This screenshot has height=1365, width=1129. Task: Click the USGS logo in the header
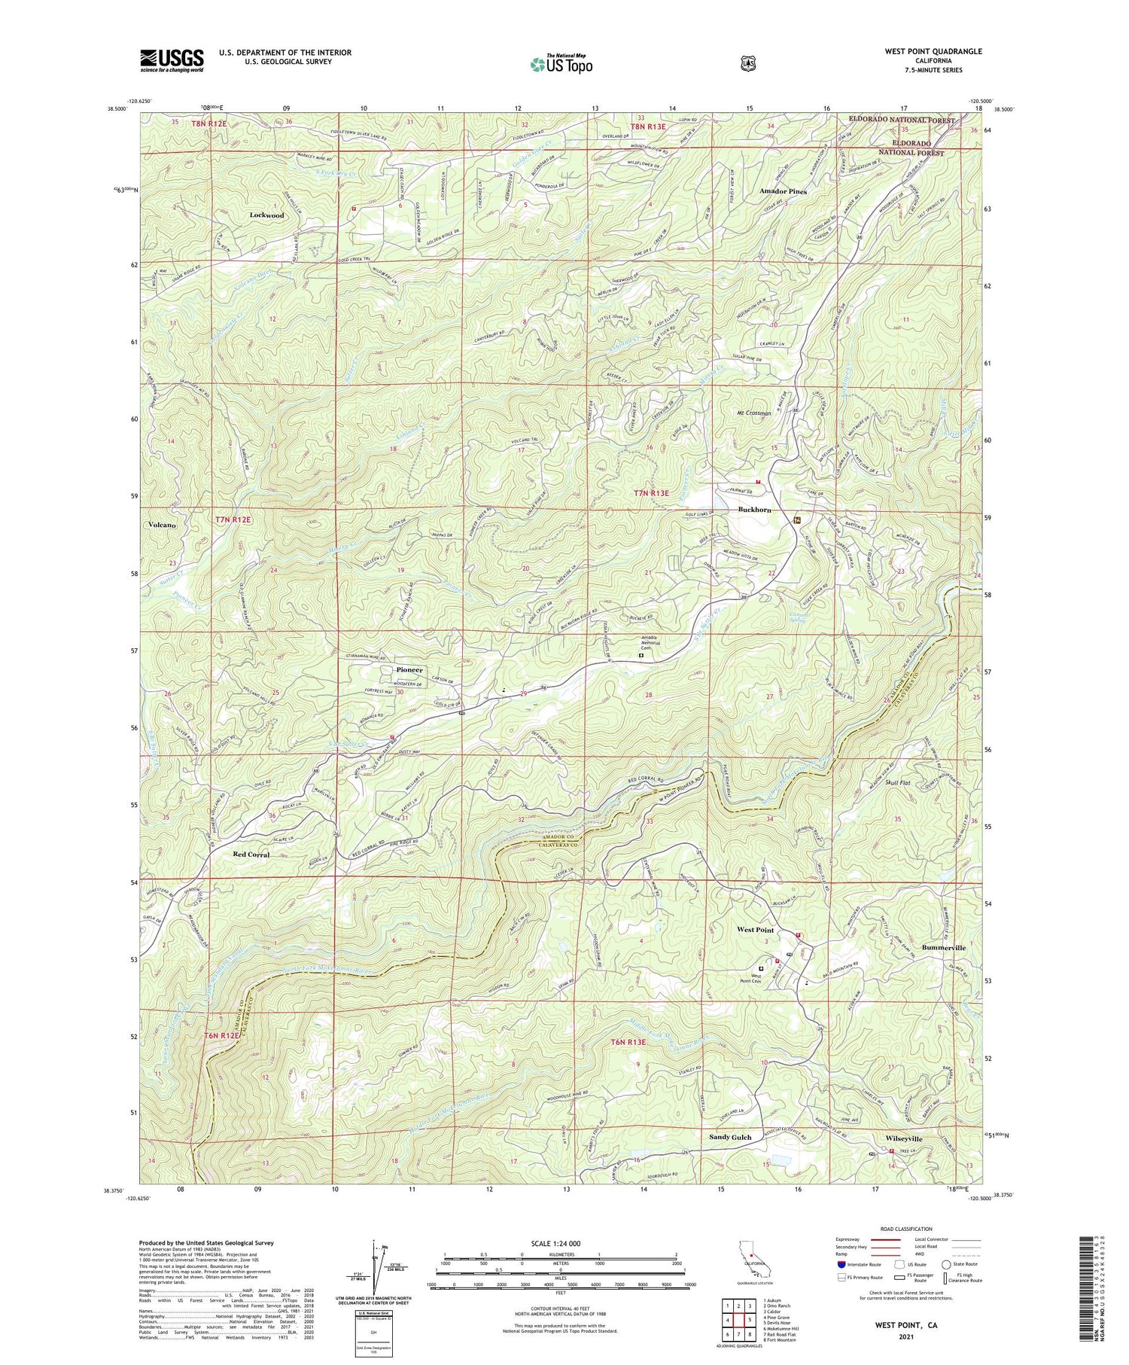pyautogui.click(x=172, y=60)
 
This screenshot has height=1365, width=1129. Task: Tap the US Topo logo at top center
pyautogui.click(x=561, y=64)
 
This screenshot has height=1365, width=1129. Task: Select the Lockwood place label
pyautogui.click(x=266, y=215)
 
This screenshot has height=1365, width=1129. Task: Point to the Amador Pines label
pyautogui.click(x=783, y=192)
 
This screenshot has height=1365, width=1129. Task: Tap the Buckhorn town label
pyautogui.click(x=753, y=510)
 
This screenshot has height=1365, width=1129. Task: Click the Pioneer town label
pyautogui.click(x=409, y=669)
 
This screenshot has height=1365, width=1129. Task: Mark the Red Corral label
pyautogui.click(x=251, y=855)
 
